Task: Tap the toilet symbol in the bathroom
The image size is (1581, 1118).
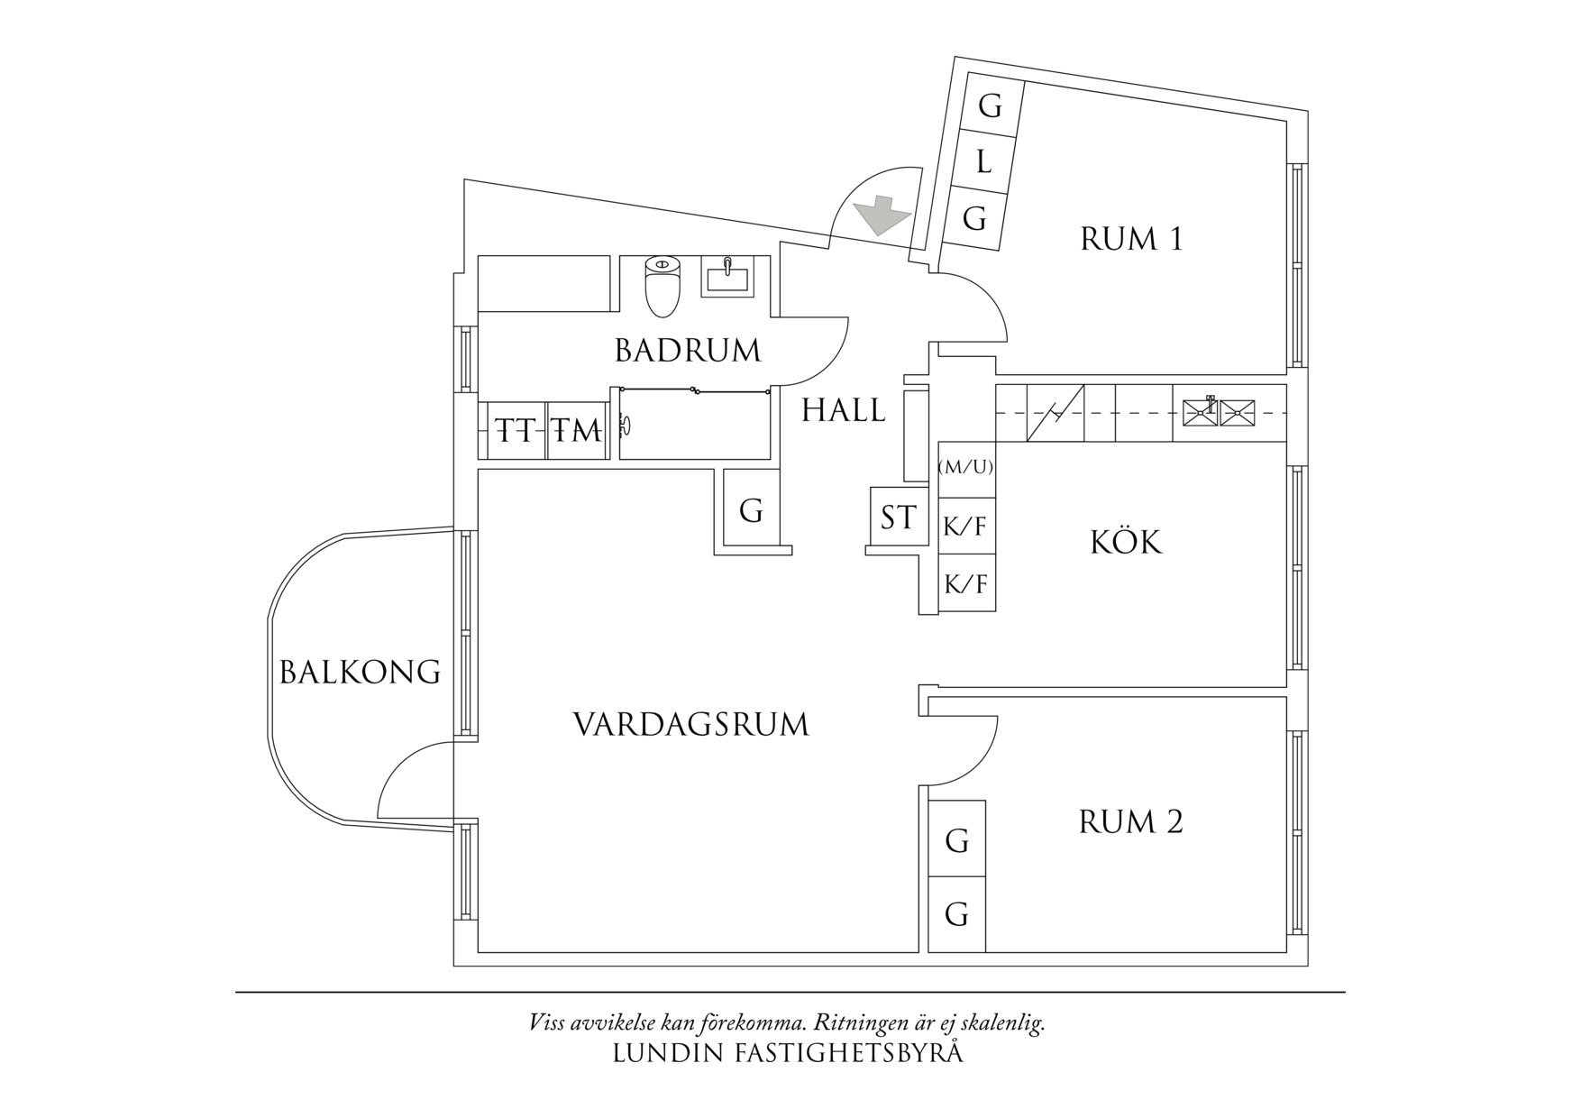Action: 663,287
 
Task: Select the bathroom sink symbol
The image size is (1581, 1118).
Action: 727,276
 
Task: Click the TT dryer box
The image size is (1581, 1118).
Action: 515,431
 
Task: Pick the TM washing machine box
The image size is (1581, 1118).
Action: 576,431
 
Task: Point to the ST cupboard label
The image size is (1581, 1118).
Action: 898,518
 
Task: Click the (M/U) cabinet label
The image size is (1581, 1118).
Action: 966,467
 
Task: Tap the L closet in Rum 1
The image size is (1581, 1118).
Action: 984,163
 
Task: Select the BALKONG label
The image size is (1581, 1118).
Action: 360,673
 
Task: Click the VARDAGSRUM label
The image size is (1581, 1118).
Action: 691,725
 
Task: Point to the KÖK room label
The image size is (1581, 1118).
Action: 1126,543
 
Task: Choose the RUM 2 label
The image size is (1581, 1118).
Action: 1130,822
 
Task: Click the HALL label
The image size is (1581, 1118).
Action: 844,411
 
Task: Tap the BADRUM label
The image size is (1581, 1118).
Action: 688,351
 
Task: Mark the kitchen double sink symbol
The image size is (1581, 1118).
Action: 1218,412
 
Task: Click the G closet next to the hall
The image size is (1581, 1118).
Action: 751,511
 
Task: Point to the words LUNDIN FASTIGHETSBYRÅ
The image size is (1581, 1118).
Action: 788,1053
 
